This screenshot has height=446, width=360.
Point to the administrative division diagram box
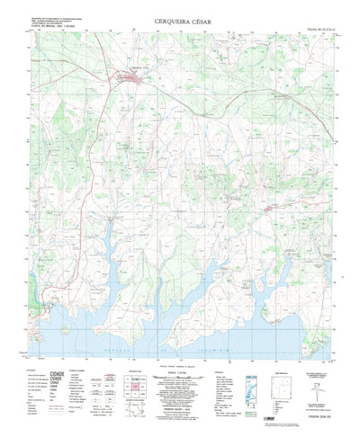[x=287, y=381]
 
